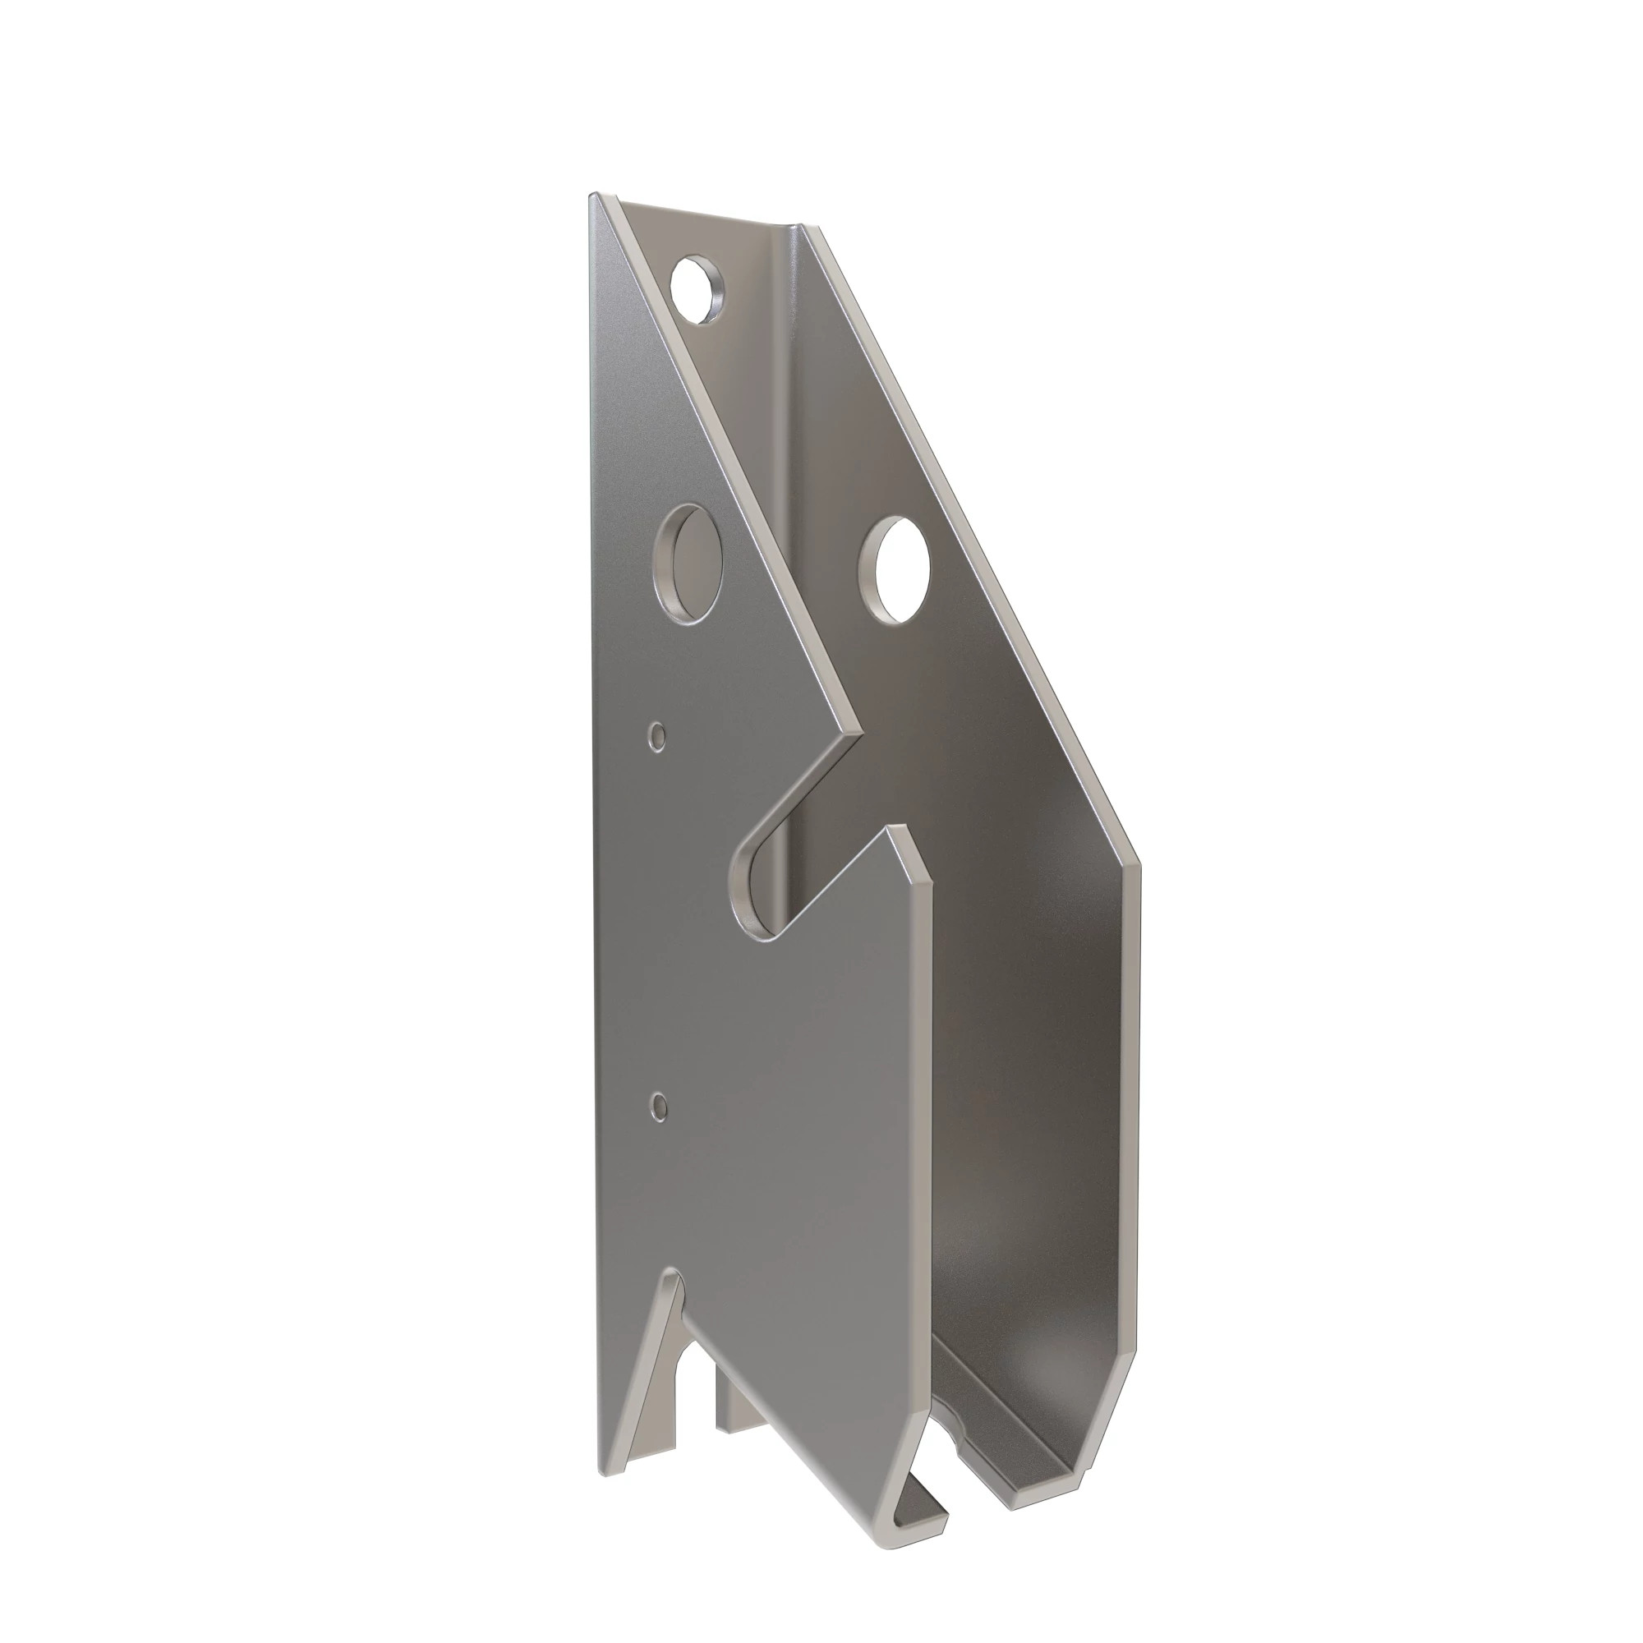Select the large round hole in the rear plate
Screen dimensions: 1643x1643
click(x=895, y=569)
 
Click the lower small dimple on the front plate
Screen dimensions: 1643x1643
click(x=657, y=1106)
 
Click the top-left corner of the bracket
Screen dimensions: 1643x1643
click(x=594, y=197)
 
